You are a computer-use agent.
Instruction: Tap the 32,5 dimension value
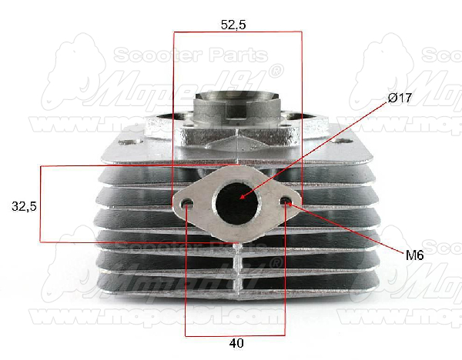click(24, 206)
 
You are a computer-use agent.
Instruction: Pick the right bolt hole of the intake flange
click(287, 202)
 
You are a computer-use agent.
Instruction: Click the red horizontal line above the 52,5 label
click(237, 32)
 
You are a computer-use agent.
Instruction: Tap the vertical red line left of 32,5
click(39, 204)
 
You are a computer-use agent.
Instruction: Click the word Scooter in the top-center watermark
click(146, 55)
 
